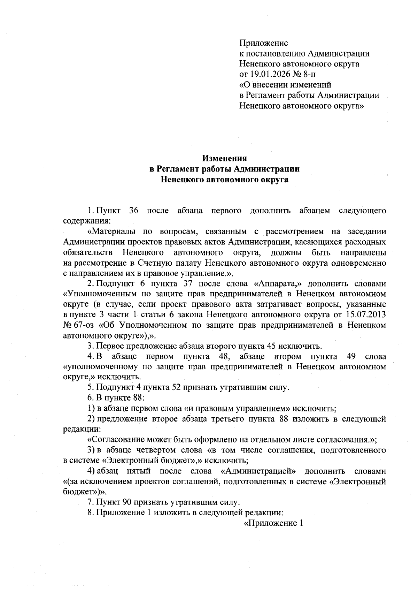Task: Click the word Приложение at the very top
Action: coord(263,43)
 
